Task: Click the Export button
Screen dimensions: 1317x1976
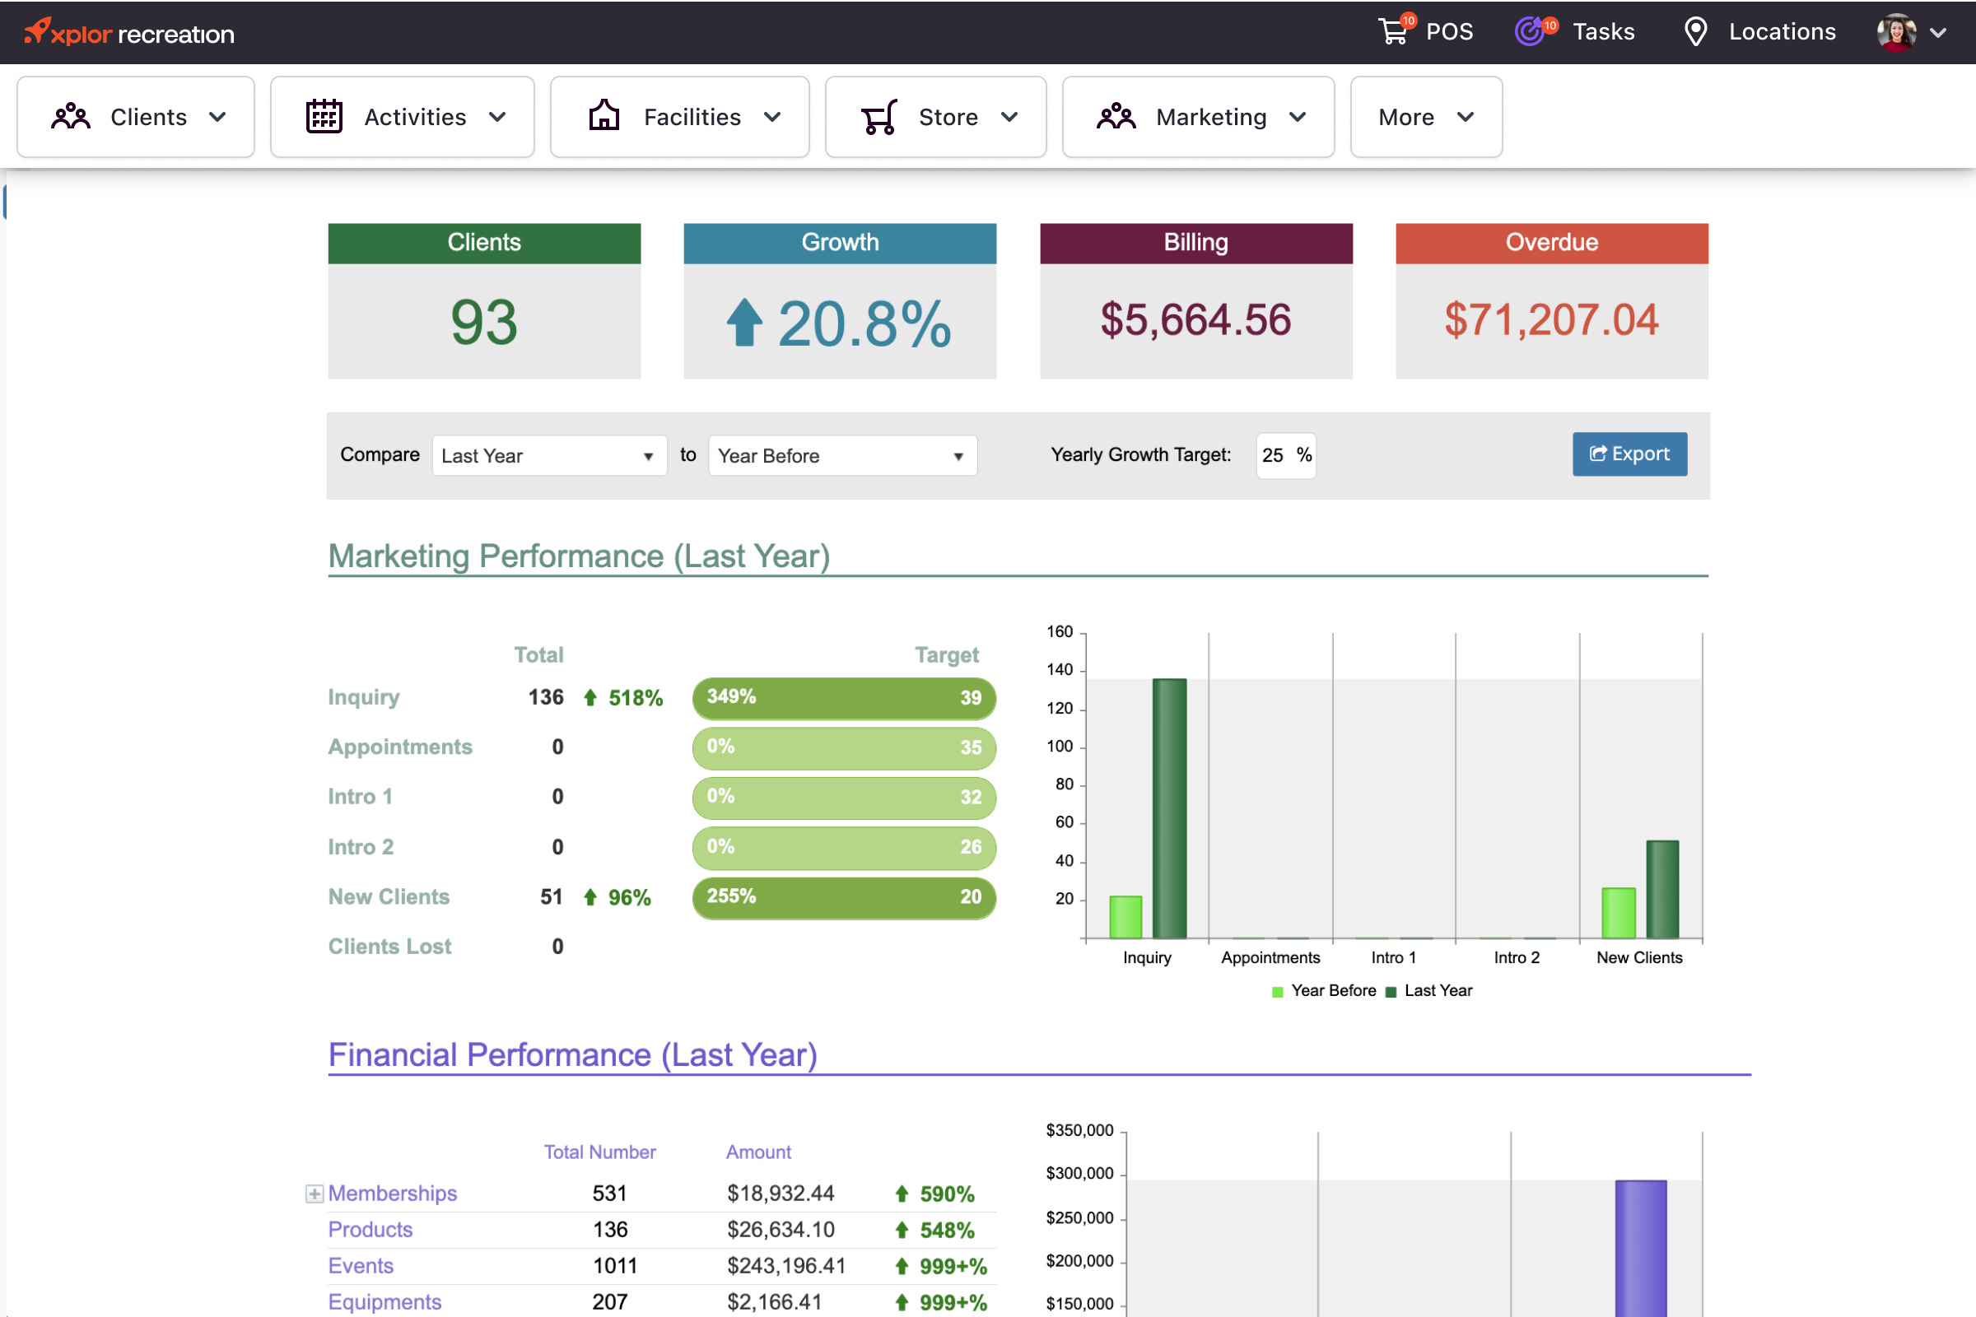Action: click(x=1629, y=454)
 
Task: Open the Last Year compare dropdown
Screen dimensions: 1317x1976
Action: click(x=548, y=456)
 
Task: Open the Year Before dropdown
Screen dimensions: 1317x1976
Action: click(x=841, y=456)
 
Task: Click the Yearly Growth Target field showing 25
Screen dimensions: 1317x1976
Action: click(x=1275, y=455)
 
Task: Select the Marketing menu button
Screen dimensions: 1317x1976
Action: click(x=1197, y=117)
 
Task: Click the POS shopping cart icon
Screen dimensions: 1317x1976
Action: click(x=1394, y=32)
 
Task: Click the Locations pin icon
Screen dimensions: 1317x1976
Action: click(x=1695, y=32)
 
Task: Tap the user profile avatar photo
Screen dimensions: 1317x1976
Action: click(x=1895, y=33)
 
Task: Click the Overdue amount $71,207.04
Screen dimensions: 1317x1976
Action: click(x=1551, y=320)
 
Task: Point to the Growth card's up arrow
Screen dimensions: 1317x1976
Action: click(x=744, y=323)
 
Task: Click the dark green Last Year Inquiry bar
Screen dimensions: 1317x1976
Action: click(x=1169, y=808)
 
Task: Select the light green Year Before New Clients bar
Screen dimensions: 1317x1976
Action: click(x=1618, y=912)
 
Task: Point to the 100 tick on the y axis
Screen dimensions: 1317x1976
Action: click(x=1060, y=747)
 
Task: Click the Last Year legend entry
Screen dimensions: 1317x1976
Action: click(x=1430, y=991)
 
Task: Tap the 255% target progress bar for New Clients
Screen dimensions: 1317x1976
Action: click(x=843, y=898)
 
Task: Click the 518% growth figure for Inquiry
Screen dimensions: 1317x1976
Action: click(x=634, y=698)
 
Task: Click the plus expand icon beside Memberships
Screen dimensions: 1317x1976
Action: click(x=315, y=1194)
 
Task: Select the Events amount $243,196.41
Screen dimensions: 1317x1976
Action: click(x=785, y=1266)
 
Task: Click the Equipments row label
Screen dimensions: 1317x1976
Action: click(x=384, y=1302)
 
